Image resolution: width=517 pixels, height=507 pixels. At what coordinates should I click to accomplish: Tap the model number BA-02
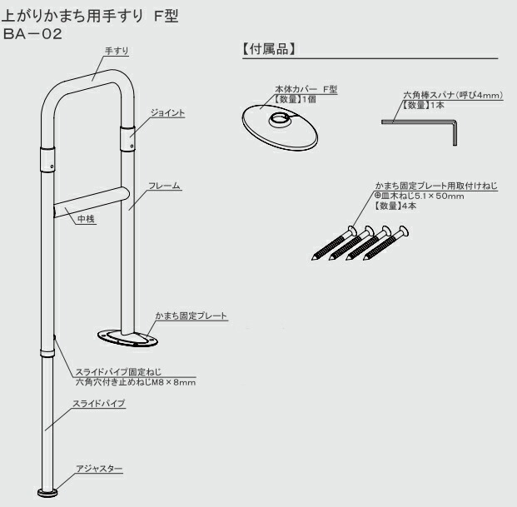pos(34,34)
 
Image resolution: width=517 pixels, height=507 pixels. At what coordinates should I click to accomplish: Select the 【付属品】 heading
pos(269,50)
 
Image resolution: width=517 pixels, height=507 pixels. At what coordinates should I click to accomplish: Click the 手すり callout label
pos(114,51)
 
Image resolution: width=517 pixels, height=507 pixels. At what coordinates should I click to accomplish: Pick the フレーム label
pos(165,185)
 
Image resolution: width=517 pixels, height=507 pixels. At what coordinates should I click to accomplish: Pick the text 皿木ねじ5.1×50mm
pos(416,196)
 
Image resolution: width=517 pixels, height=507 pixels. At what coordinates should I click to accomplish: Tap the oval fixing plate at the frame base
pos(125,337)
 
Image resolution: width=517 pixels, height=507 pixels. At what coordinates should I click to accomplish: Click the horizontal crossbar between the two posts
pos(92,201)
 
